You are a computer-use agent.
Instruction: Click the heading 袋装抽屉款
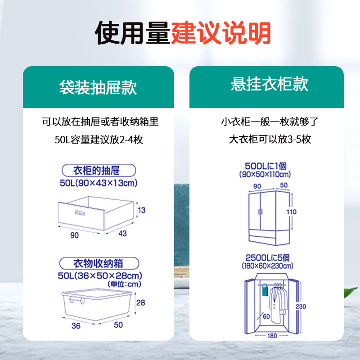pos(98,87)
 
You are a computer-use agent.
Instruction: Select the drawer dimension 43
pos(122,234)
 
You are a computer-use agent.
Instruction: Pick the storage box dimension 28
pos(141,303)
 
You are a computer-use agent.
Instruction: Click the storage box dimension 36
pos(76,325)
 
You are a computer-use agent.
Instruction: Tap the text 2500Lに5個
pos(267,258)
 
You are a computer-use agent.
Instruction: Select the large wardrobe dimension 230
pos(301,306)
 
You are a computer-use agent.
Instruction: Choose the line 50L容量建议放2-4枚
pos(98,139)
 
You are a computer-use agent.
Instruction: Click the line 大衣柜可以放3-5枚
pos(270,139)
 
